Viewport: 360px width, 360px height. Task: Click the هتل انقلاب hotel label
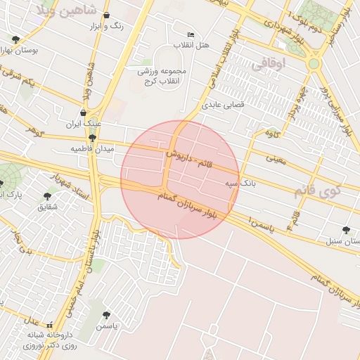(x=196, y=46)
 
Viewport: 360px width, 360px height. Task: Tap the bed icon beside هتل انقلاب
(x=191, y=34)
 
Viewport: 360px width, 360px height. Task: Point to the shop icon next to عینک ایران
(x=84, y=112)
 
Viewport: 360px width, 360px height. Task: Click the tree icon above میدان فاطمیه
(x=91, y=138)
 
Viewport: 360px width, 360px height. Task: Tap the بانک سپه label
(x=257, y=183)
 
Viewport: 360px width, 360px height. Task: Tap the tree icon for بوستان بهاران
(x=16, y=39)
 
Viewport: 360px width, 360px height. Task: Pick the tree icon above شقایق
(x=47, y=196)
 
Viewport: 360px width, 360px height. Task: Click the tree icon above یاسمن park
(x=106, y=316)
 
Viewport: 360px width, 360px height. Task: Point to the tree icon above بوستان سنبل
(x=345, y=229)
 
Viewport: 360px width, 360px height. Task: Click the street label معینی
(x=275, y=160)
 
